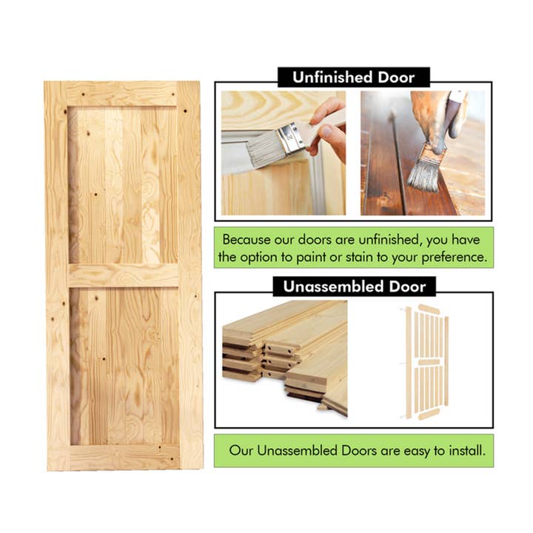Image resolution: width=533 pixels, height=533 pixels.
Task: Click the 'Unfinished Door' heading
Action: point(352,77)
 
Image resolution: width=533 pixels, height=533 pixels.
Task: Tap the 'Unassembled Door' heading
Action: point(352,286)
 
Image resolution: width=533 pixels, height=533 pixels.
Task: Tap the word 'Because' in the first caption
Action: point(247,240)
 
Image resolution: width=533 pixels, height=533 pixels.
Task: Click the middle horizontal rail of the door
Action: point(123,275)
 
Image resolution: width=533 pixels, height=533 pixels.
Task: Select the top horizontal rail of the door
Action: point(123,93)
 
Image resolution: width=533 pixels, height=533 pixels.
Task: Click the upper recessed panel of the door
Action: point(123,185)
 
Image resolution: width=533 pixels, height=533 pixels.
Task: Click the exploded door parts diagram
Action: point(426,361)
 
